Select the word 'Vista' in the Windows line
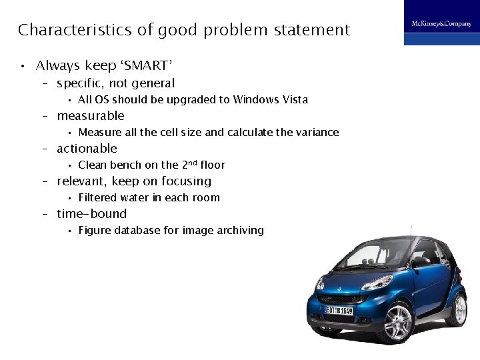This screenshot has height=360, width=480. click(x=294, y=99)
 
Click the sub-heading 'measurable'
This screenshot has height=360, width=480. click(x=91, y=116)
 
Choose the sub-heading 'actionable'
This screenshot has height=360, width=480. click(x=87, y=149)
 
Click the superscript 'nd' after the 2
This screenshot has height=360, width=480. click(x=188, y=162)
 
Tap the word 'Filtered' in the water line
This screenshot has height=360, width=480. click(x=97, y=197)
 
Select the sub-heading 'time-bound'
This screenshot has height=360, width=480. click(x=91, y=214)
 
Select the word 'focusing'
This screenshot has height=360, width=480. click(x=187, y=181)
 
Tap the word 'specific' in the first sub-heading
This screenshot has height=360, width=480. click(x=79, y=83)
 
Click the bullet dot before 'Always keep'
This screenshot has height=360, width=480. click(x=22, y=66)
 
